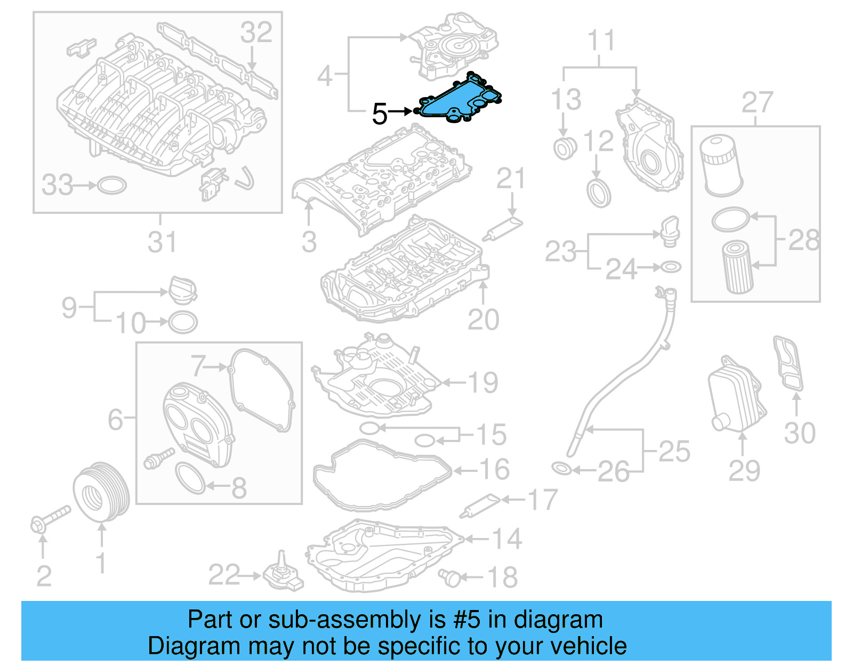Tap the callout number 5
point(379,114)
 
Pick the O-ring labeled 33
point(112,185)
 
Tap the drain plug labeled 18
point(450,577)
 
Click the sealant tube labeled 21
point(502,228)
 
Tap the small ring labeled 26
point(562,469)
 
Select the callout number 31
point(162,242)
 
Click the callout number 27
point(757,102)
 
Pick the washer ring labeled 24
point(670,267)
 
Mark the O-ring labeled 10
point(183,322)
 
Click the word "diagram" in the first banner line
point(558,620)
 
